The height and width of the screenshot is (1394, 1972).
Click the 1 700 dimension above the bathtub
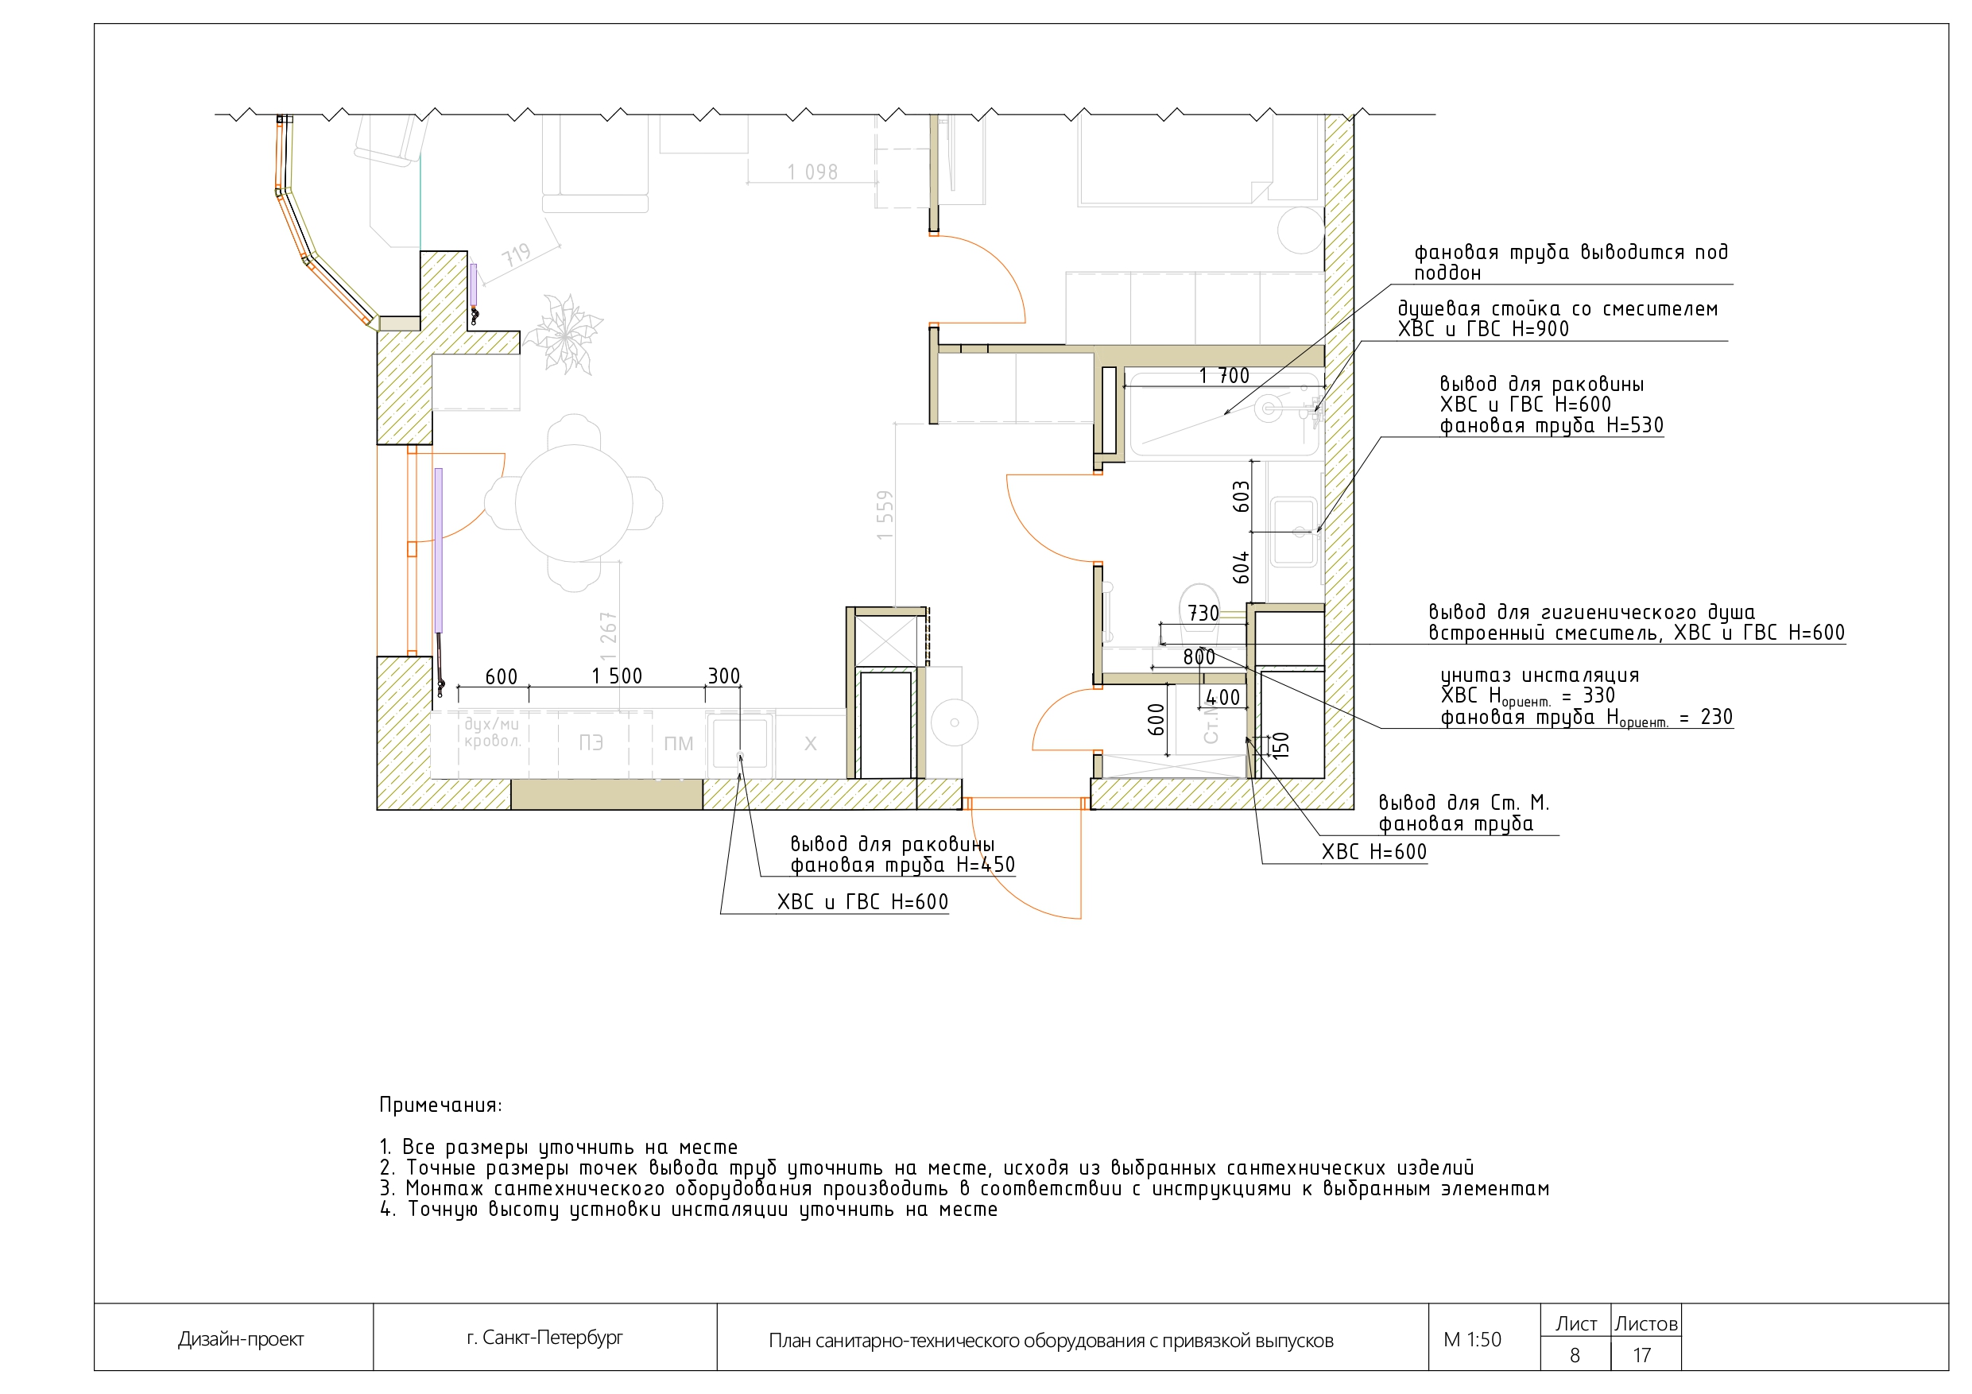click(1224, 376)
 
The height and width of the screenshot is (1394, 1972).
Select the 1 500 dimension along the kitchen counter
click(617, 677)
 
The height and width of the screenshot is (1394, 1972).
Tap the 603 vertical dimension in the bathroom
click(1241, 498)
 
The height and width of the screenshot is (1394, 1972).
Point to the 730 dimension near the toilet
click(1203, 614)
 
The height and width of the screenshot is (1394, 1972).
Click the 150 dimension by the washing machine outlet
click(1280, 744)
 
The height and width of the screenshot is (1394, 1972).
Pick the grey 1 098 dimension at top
click(812, 172)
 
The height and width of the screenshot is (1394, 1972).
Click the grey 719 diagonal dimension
click(516, 255)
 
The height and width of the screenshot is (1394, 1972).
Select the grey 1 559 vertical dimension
click(885, 515)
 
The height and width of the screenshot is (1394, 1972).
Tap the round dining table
click(574, 503)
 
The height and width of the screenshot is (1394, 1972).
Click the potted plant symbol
click(564, 332)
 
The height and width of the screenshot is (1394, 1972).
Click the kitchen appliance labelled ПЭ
click(591, 743)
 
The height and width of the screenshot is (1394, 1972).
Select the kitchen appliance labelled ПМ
click(679, 744)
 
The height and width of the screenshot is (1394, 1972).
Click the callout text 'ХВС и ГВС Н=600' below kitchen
click(862, 903)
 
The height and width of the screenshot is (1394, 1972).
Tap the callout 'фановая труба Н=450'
click(902, 865)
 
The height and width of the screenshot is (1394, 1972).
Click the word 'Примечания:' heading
click(440, 1106)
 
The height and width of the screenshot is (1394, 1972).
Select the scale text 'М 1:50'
click(1472, 1340)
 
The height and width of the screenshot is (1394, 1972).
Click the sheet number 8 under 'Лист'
click(1575, 1355)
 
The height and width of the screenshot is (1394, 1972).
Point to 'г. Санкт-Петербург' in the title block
click(544, 1338)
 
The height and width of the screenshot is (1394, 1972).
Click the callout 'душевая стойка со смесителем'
click(1557, 309)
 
